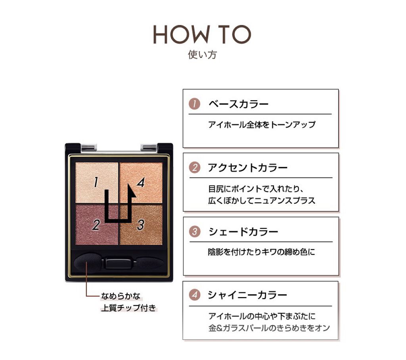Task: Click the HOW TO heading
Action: point(202,34)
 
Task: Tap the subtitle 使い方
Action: point(202,55)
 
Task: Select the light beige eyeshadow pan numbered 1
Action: point(97,183)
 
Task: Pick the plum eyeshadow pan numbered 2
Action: point(97,225)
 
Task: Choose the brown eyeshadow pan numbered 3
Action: point(141,225)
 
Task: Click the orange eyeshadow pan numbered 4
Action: point(141,183)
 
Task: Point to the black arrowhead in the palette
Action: point(131,191)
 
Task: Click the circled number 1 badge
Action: point(194,104)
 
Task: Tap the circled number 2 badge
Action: point(195,168)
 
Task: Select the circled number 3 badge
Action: point(195,232)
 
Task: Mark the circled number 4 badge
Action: point(194,295)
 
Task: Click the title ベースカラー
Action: point(238,104)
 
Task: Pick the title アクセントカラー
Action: point(248,168)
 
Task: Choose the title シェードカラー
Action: point(243,232)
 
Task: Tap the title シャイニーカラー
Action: point(247,295)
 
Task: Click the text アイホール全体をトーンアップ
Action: point(262,124)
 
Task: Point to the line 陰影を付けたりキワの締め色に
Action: point(262,252)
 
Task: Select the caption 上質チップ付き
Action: point(129,308)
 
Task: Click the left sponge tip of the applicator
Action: point(87,263)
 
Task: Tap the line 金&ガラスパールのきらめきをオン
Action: point(269,328)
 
